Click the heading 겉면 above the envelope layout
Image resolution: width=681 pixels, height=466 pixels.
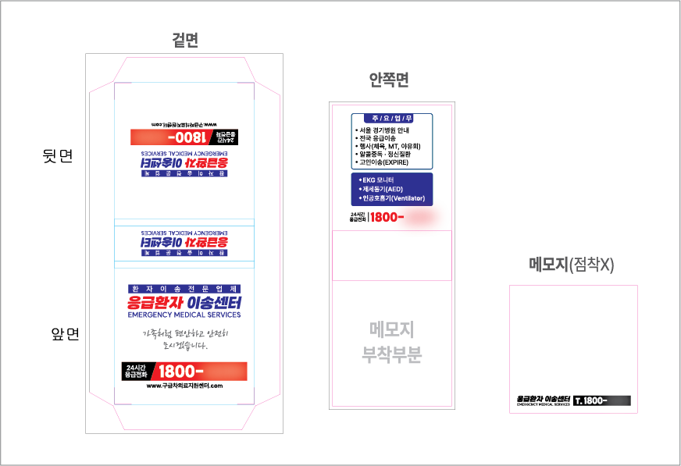185,41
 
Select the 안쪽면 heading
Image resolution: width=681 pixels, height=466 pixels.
389,80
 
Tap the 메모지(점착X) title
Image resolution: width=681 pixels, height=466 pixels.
571,265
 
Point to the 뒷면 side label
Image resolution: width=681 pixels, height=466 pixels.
58,156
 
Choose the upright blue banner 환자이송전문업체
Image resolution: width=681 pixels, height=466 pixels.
184,288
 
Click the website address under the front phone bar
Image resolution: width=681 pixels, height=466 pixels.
184,386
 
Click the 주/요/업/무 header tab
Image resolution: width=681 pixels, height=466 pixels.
393,118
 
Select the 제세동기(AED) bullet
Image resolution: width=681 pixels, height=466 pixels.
382,190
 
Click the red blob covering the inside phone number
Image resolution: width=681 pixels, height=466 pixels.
419,217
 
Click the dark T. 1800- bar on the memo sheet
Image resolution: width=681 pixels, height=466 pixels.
601,400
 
